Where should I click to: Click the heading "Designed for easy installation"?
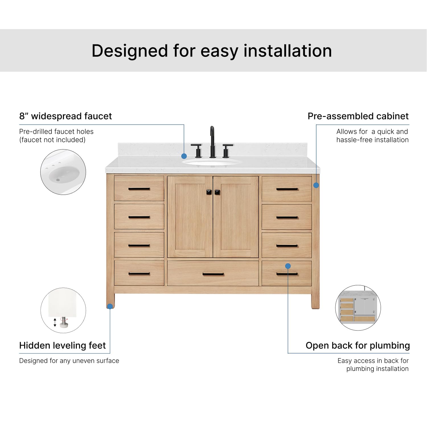coord(212,51)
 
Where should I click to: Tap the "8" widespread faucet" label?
coord(65,116)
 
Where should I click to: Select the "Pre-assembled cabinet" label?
coord(358,116)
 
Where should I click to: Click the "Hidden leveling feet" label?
coord(62,345)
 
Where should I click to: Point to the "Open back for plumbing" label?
coord(358,345)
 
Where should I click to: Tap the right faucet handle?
coord(227,151)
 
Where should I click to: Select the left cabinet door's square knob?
coord(209,192)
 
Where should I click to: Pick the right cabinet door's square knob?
coord(217,192)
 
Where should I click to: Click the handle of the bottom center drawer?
coord(213,274)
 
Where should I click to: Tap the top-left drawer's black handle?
coord(139,189)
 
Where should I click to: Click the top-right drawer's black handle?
coord(287,189)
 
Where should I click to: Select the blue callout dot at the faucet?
coord(184,156)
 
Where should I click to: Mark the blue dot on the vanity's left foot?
coord(110,306)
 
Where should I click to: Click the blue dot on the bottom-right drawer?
coord(288,266)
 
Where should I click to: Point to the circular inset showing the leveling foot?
coord(63,310)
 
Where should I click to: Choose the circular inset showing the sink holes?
coord(63,172)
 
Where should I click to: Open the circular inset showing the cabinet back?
coord(358,308)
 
